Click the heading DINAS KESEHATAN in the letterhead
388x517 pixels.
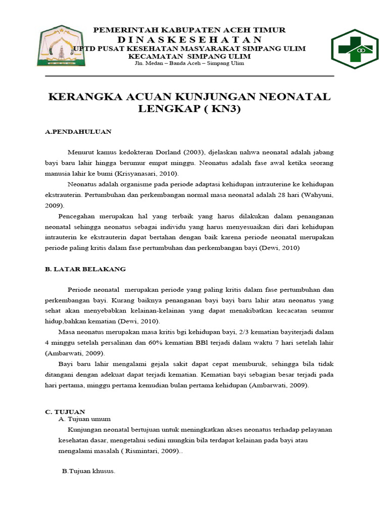(189, 39)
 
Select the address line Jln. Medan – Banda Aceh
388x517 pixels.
(189, 64)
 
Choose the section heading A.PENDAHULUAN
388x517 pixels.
(78, 132)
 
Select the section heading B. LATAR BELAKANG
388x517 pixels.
(85, 269)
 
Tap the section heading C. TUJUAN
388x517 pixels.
(65, 411)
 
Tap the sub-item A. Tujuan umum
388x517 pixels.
(84, 419)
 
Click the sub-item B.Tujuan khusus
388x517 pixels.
(88, 471)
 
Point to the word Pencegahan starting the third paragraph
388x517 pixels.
(77, 216)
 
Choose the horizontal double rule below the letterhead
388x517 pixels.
(189, 76)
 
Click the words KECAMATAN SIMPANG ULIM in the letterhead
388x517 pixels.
(189, 56)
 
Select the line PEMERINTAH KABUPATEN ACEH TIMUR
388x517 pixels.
(189, 30)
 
